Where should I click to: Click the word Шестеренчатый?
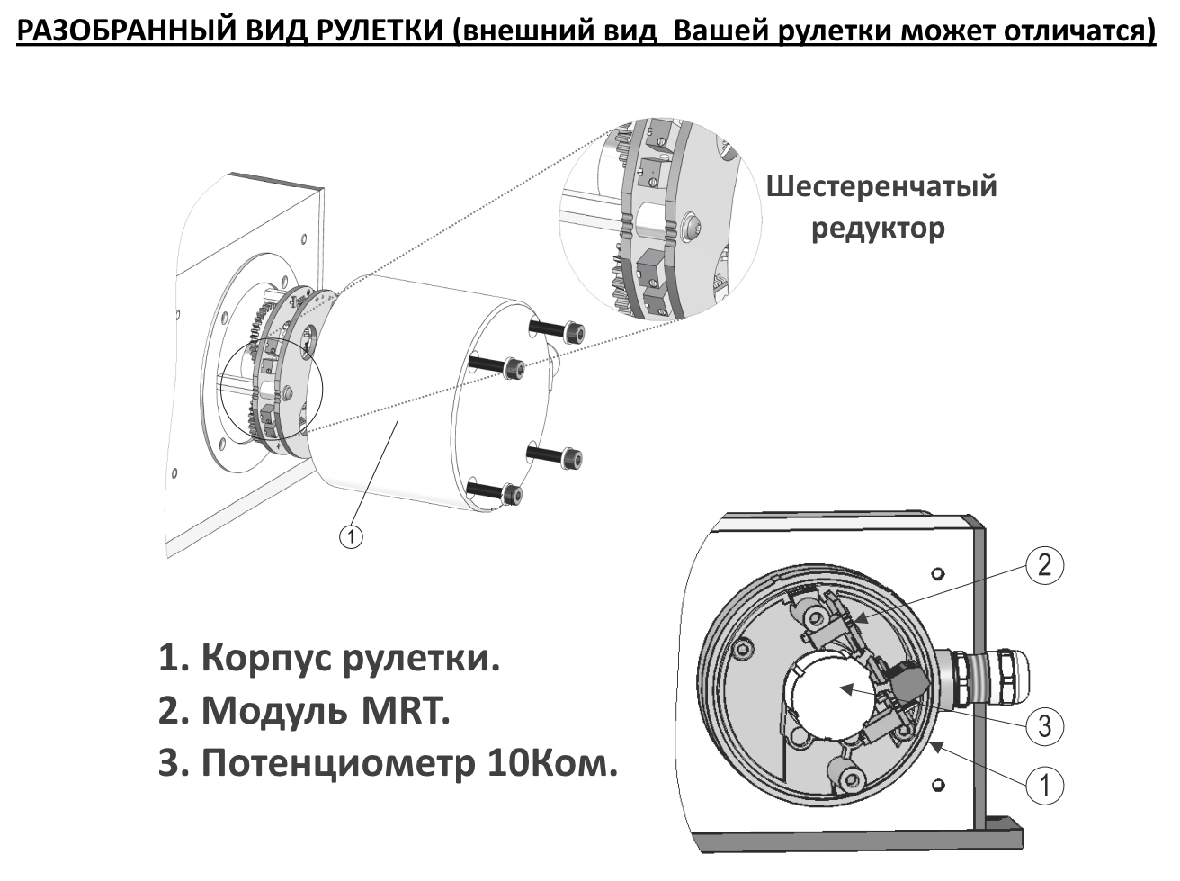pos(881,186)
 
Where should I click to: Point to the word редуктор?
pos(878,228)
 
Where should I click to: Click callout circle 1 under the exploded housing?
pos(351,535)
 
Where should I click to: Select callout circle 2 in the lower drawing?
pos(1044,565)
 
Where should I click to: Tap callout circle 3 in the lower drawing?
pos(1044,725)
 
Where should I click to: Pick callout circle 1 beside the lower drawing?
pos(1044,786)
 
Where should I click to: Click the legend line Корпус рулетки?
pos(328,659)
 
